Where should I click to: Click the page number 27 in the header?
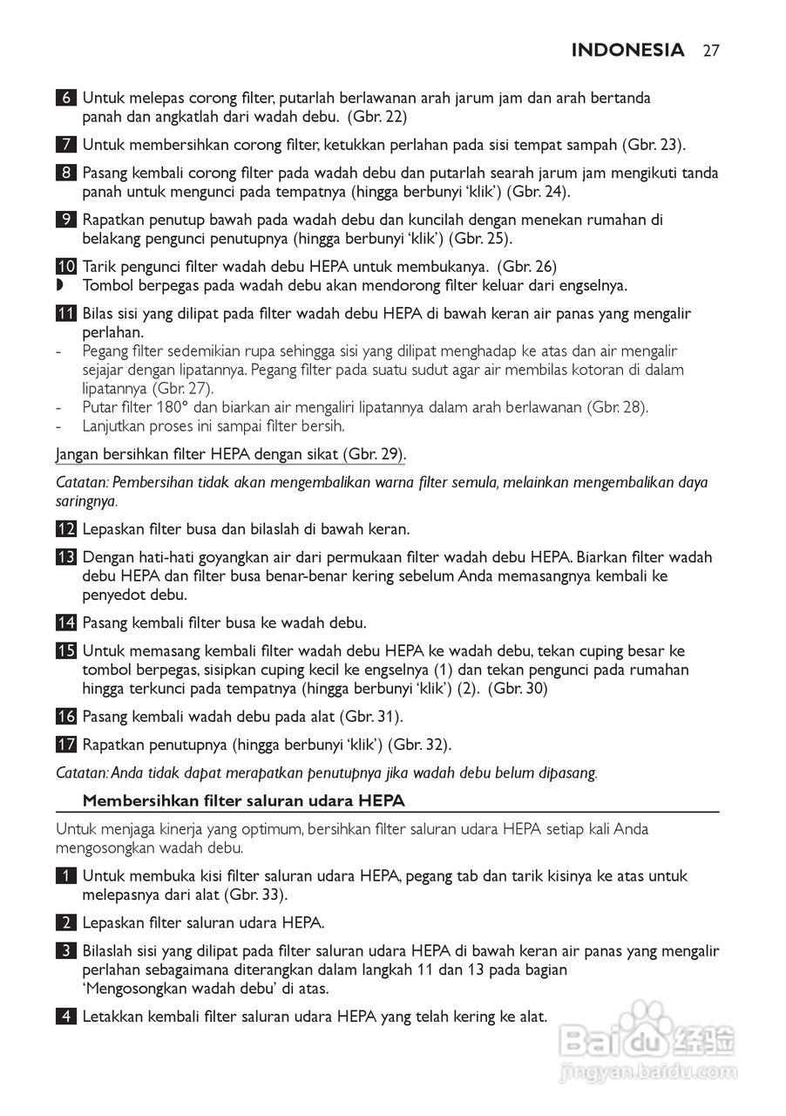(710, 51)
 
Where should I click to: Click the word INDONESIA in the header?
(627, 51)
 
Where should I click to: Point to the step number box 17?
(66, 745)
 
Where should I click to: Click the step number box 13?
(66, 557)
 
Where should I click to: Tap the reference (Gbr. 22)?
(377, 116)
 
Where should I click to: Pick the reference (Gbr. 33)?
(256, 895)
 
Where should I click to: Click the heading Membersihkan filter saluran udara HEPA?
(243, 800)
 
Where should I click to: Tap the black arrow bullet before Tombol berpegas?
(60, 285)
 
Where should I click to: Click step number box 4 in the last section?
(66, 1017)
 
